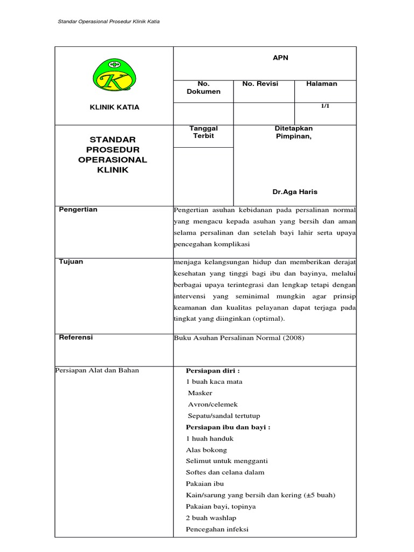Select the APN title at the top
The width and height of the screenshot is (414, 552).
coord(280,58)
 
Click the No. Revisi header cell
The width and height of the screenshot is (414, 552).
coord(260,84)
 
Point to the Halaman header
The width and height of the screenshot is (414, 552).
coord(321,84)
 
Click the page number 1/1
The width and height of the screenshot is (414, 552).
coord(325,107)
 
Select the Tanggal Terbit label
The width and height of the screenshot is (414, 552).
coord(203,132)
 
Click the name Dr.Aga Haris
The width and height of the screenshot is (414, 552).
coord(294,192)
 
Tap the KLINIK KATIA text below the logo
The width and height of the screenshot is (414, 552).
coord(114,107)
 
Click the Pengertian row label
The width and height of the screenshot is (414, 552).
coord(78,210)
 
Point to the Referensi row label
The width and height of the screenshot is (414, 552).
coord(75,337)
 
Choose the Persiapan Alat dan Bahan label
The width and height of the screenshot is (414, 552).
coord(97,370)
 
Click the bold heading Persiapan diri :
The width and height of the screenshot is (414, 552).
coord(212,370)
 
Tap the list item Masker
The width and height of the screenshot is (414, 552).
coord(199,393)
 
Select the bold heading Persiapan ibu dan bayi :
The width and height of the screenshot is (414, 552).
coord(227,427)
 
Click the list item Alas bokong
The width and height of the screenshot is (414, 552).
coord(206,450)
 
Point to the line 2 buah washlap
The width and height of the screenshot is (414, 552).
coord(211,518)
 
